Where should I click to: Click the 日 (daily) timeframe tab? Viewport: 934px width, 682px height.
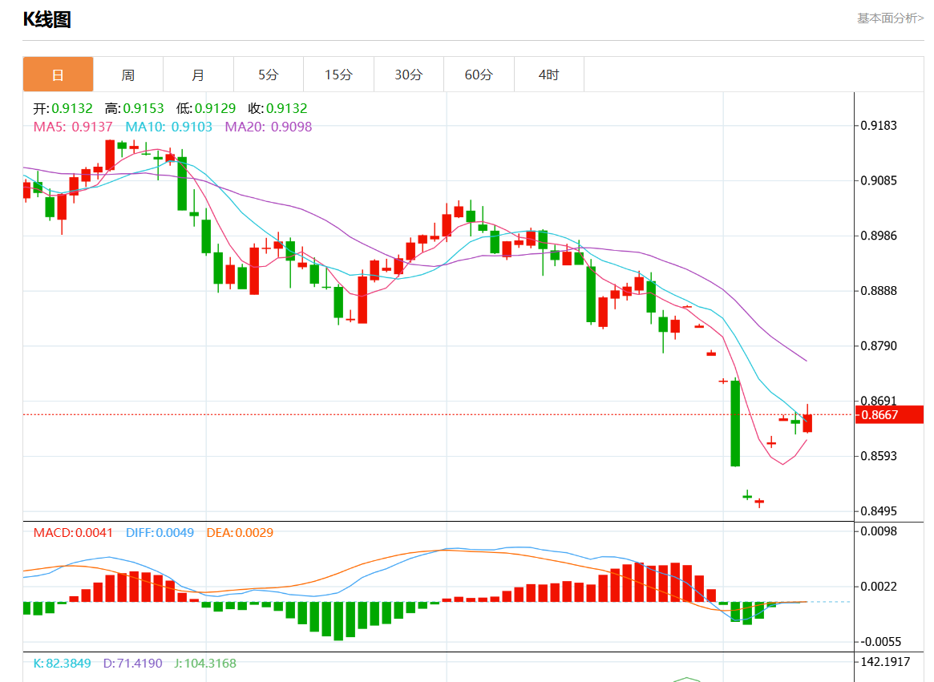pyautogui.click(x=58, y=75)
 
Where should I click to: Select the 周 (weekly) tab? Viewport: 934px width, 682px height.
pyautogui.click(x=128, y=75)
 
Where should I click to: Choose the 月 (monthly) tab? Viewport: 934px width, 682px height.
pyautogui.click(x=198, y=75)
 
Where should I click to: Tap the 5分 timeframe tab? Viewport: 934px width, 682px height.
pyautogui.click(x=269, y=75)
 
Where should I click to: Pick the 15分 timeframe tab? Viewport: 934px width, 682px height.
pyautogui.click(x=338, y=75)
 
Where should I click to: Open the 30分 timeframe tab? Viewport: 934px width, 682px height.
pyautogui.click(x=408, y=75)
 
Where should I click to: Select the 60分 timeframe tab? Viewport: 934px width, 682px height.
pyautogui.click(x=479, y=75)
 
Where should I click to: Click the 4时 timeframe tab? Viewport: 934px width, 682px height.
pyautogui.click(x=549, y=75)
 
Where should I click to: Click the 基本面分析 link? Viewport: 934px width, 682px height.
pyautogui.click(x=890, y=18)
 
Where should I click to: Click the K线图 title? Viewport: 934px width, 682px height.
pyautogui.click(x=46, y=19)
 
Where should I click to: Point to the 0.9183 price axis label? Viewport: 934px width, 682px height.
pyautogui.click(x=879, y=126)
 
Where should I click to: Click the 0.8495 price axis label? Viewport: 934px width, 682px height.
pyautogui.click(x=879, y=511)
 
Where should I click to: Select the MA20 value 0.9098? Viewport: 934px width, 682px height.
pyautogui.click(x=291, y=127)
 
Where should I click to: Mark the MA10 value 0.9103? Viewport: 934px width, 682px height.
pyautogui.click(x=192, y=127)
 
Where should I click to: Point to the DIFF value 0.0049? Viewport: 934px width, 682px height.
pyautogui.click(x=175, y=532)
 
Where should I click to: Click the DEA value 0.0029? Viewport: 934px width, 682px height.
pyautogui.click(x=256, y=532)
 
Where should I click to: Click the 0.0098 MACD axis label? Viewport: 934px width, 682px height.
pyautogui.click(x=879, y=531)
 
